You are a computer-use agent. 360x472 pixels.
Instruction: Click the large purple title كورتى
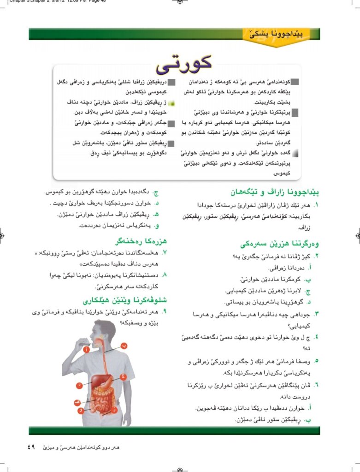point(183,64)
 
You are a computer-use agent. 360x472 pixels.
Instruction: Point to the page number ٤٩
point(30,447)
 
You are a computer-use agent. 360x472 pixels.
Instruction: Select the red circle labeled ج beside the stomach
point(123,377)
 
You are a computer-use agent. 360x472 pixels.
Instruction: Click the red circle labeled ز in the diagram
point(115,410)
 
